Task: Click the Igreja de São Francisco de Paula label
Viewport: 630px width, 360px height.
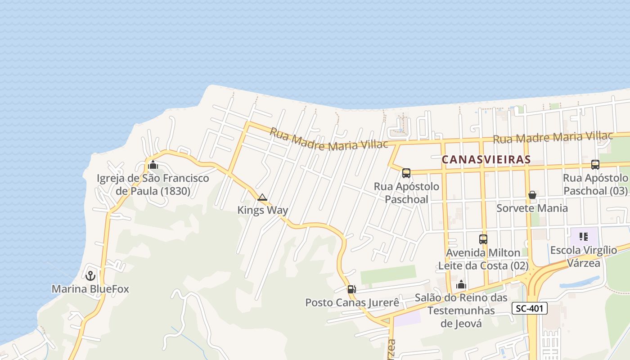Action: coord(153,184)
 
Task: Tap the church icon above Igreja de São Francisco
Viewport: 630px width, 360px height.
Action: coord(153,165)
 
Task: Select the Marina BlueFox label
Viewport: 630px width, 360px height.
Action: coord(90,289)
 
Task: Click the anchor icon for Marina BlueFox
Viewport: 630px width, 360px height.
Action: coord(90,275)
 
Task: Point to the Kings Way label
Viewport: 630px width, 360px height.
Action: coord(263,210)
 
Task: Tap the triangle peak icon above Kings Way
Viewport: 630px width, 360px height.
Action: coord(262,197)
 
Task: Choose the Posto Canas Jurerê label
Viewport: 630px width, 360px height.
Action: coord(352,302)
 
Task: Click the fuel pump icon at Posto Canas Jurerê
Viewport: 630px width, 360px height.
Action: coord(351,289)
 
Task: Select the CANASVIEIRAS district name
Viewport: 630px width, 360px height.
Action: coord(486,159)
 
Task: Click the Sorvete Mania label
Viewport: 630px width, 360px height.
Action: coord(532,208)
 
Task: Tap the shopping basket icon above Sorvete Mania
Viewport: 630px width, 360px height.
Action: coord(532,195)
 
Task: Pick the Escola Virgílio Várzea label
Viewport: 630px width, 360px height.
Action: coord(584,256)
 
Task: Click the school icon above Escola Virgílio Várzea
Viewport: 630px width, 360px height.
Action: coord(584,237)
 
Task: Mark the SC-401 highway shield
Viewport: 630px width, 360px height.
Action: coord(529,308)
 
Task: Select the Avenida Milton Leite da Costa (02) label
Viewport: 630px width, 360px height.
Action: coord(483,259)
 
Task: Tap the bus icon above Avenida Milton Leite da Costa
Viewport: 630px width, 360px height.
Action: coord(483,239)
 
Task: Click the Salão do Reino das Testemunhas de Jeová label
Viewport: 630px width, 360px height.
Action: coord(461,310)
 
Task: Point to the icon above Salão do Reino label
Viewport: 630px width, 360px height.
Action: coord(461,284)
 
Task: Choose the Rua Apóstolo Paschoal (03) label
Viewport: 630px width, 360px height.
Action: coord(595,184)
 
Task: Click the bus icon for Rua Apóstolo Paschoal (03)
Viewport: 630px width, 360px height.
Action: coord(595,165)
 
